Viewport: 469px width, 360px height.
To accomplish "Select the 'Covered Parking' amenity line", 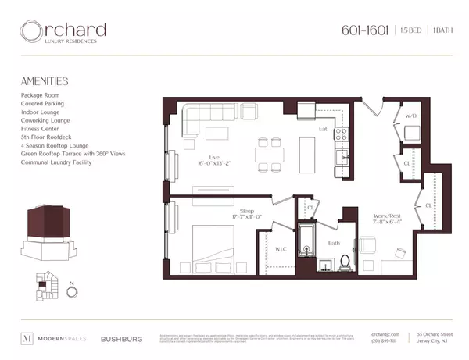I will tap(43, 103).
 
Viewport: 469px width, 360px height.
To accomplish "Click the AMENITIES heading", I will tap(45, 80).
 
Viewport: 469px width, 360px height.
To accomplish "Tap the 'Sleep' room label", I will tap(248, 211).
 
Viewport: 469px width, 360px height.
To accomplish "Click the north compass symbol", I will tap(72, 294).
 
